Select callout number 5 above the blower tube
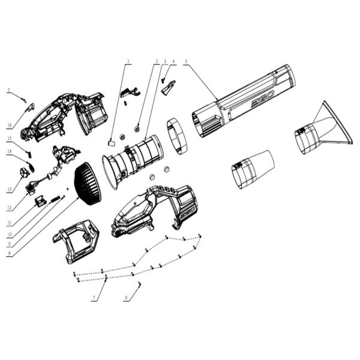[186, 61]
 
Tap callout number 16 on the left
[10, 125]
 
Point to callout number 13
[10, 190]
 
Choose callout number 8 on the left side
[10, 254]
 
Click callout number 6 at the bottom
[126, 298]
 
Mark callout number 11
[10, 223]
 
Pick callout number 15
[10, 138]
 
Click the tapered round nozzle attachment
[252, 169]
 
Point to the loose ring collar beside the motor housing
[177, 136]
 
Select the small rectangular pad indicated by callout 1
[111, 143]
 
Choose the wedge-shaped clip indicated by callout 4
[169, 87]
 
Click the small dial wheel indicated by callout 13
[25, 172]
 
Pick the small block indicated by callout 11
[41, 201]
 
